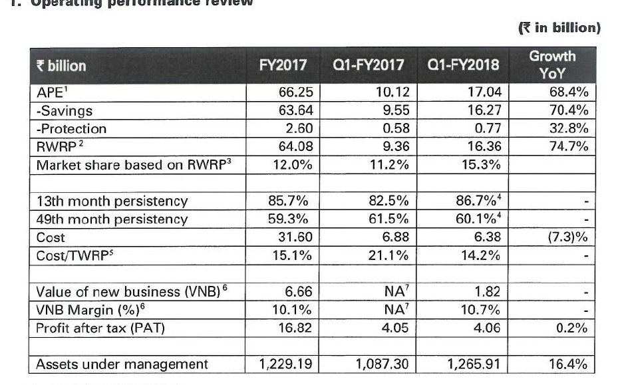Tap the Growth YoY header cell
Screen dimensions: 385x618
coord(552,64)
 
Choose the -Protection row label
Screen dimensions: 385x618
coord(71,128)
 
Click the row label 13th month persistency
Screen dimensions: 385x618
coord(112,200)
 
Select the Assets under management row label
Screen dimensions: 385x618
coord(122,364)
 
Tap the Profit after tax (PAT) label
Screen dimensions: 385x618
coord(110,327)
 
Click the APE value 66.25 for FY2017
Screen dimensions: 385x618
coord(295,92)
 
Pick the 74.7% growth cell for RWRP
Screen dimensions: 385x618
coord(569,146)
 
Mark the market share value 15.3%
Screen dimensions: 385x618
coord(481,164)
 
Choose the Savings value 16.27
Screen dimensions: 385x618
coord(484,110)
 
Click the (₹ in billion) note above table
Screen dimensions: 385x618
coord(559,27)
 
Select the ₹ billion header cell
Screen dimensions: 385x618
coord(61,65)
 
